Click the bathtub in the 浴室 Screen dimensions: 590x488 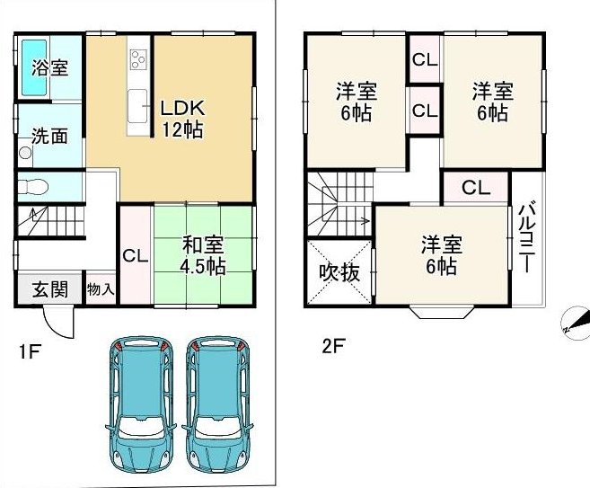(34, 67)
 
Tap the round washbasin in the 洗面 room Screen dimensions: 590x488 (25, 153)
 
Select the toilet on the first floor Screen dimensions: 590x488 (33, 186)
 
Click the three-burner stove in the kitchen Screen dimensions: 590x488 (137, 59)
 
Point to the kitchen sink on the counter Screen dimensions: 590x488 (137, 106)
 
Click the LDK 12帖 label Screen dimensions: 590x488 (183, 119)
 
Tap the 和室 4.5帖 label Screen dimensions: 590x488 (203, 255)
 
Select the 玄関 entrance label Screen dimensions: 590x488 (50, 289)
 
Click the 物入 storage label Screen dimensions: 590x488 (101, 289)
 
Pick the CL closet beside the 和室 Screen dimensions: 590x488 (136, 256)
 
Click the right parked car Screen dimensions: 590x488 (218, 402)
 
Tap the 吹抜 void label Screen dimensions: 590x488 (339, 273)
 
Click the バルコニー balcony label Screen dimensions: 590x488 (526, 237)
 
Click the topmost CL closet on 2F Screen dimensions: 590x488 (425, 59)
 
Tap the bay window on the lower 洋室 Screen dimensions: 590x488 (442, 312)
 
